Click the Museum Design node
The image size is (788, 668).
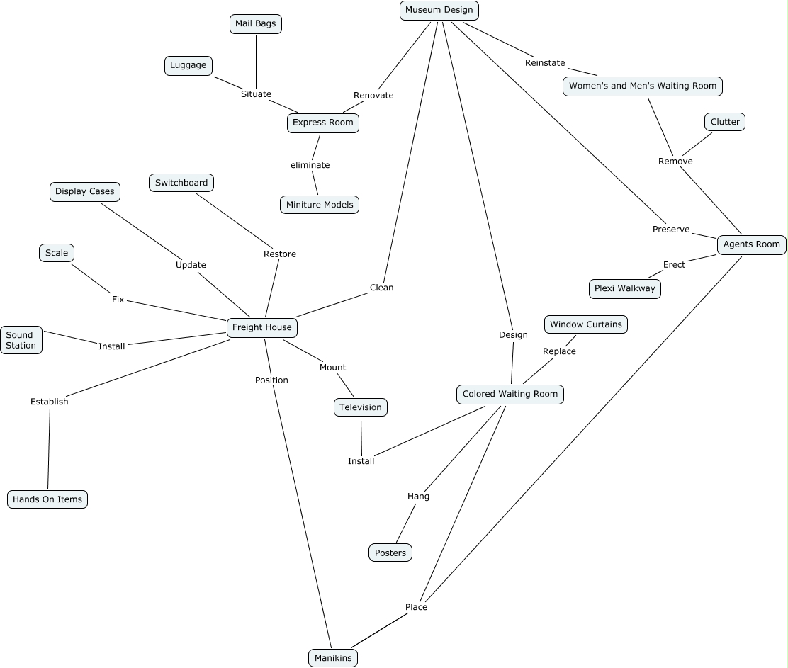(439, 11)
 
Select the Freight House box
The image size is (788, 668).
(261, 327)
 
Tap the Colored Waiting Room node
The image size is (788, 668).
(510, 394)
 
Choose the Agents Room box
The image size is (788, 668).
(751, 244)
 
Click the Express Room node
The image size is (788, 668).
(322, 123)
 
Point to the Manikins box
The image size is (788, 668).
(333, 658)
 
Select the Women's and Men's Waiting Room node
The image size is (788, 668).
(643, 86)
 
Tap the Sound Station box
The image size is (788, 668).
(21, 340)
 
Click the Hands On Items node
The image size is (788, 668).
(47, 499)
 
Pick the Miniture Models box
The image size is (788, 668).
(320, 205)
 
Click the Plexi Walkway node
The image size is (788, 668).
(624, 289)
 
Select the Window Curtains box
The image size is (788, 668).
(585, 324)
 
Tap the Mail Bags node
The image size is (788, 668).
(255, 24)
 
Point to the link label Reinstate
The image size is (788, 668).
(545, 63)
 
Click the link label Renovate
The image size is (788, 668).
(373, 96)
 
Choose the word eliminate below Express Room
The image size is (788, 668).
(310, 165)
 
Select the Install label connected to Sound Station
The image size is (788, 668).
(111, 346)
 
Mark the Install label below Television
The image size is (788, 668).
(361, 461)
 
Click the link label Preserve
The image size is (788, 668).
(671, 230)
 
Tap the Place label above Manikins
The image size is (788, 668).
(416, 607)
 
